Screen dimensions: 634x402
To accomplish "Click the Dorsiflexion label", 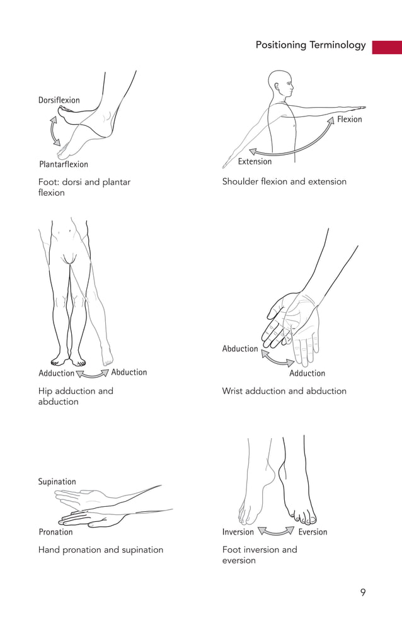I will coord(59,100).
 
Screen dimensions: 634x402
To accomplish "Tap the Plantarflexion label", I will coord(64,164).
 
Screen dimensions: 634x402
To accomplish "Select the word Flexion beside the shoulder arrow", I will coord(349,119).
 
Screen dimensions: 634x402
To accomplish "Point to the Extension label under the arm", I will coord(255,162).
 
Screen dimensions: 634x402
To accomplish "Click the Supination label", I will coord(57,482).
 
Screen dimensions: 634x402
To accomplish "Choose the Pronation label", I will coord(55,532).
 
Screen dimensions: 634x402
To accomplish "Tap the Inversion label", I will coord(238,532).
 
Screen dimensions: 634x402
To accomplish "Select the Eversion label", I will coord(313,532).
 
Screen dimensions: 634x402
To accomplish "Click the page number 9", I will coord(362,592).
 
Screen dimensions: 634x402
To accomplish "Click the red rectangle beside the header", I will coord(386,47).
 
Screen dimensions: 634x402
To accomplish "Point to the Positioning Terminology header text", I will coord(310,45).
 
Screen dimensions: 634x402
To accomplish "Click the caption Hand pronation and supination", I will coord(100,550).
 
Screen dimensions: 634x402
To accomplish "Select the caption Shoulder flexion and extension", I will coord(284,181).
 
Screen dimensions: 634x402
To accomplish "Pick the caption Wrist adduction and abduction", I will coord(284,391).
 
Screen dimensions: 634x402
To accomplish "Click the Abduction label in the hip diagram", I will coord(129,372).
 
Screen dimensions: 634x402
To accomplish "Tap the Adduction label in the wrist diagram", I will coord(307,373).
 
